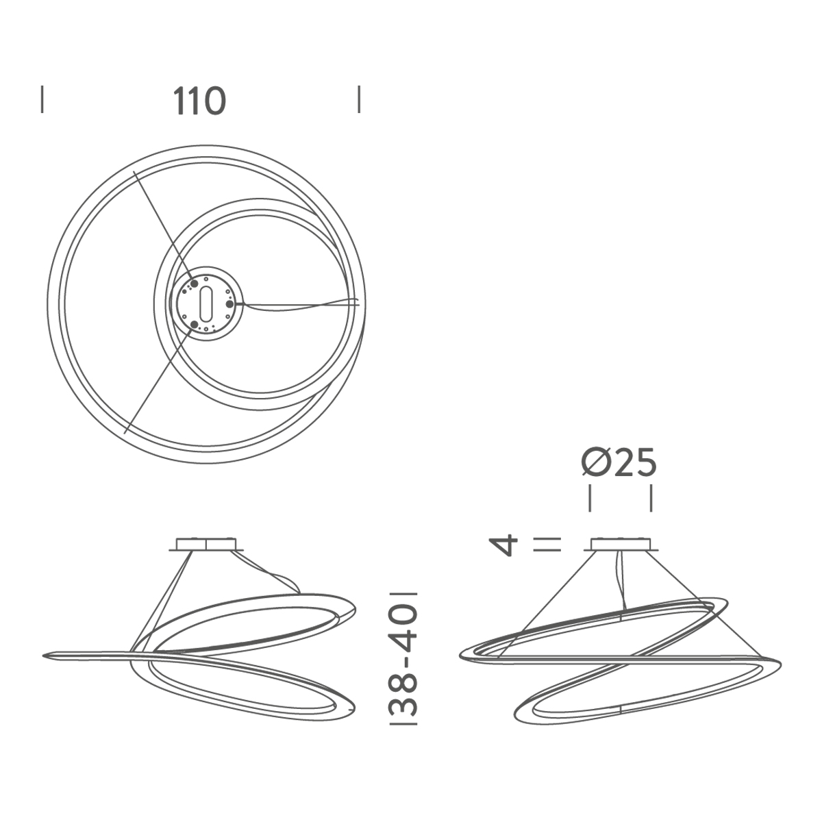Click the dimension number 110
199,101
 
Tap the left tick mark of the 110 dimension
42,99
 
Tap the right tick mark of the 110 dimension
359,99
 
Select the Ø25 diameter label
619,463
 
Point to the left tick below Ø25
590,498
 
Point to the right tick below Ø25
650,498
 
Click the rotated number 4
506,545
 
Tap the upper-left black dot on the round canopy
194,282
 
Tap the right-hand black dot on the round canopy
229,303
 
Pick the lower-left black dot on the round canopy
194,324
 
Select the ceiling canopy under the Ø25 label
621,545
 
